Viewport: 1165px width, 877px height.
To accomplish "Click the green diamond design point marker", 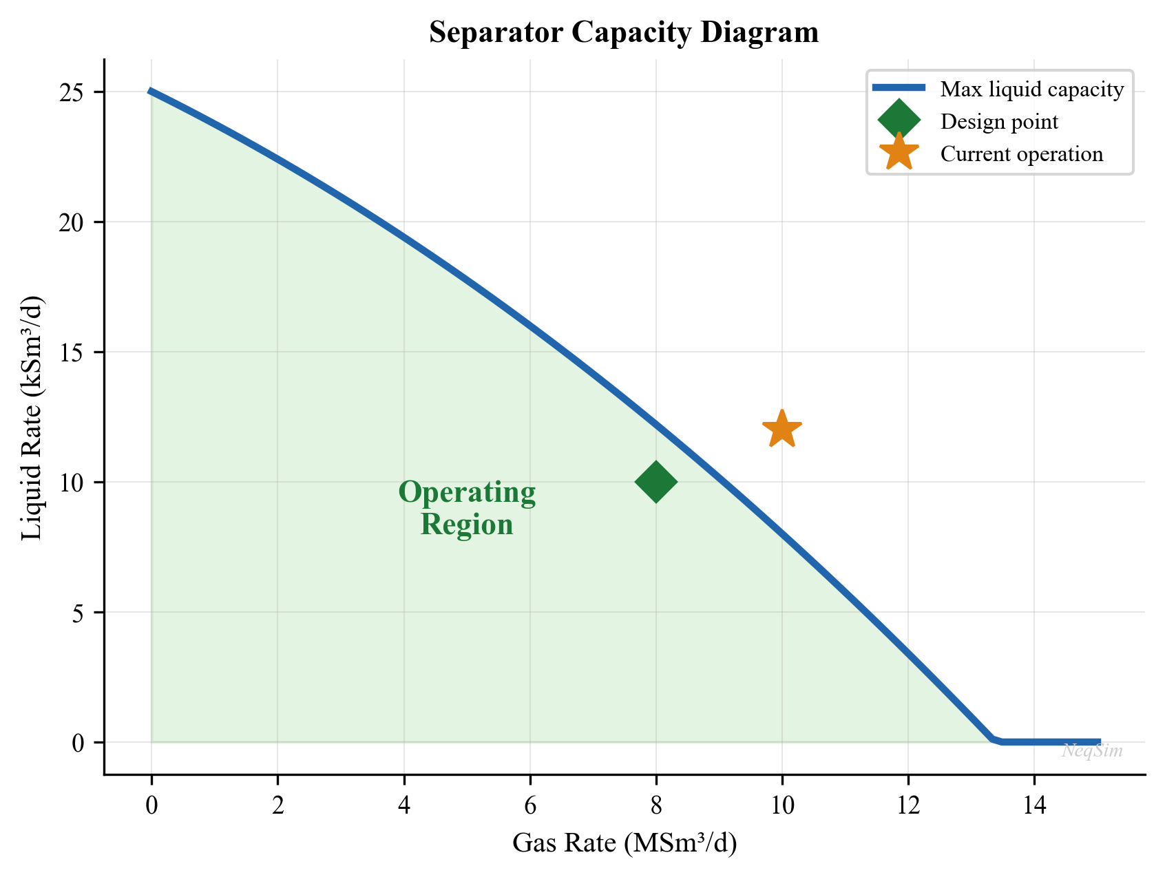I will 655,482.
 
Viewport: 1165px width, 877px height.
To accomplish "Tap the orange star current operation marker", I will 781,430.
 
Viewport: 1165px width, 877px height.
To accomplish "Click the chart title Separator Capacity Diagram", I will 624,33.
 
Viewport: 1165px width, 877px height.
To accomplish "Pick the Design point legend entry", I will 999,122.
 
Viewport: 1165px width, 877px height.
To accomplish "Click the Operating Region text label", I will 467,509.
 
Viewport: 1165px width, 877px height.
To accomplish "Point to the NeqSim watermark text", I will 1092,751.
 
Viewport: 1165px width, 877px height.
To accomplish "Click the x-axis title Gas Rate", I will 624,843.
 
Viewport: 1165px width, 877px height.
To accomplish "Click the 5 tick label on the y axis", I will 81,613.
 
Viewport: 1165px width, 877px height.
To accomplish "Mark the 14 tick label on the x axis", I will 1033,806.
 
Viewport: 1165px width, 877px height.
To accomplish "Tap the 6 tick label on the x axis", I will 529,806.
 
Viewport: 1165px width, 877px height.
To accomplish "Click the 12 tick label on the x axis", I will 907,806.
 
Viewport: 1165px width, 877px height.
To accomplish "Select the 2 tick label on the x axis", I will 277,806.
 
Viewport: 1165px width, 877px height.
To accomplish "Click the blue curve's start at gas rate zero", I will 151,92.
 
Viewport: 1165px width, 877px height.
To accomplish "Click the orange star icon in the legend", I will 899,153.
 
